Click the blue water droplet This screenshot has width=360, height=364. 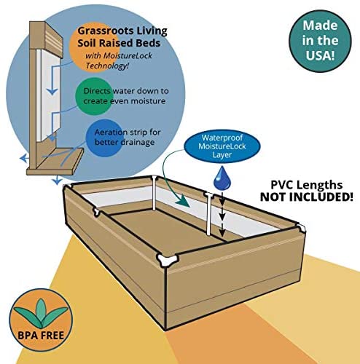pyautogui.click(x=222, y=178)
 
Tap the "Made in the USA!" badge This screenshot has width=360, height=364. pyautogui.click(x=320, y=41)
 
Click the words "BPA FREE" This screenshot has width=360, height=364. pyautogui.click(x=41, y=336)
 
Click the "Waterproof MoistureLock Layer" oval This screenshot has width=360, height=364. pyautogui.click(x=222, y=146)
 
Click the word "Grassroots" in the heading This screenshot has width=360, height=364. pyautogui.click(x=106, y=31)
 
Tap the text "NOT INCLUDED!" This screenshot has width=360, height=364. pyautogui.click(x=307, y=197)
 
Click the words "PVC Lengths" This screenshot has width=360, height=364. pyautogui.click(x=307, y=185)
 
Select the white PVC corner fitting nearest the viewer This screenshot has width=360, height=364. pyautogui.click(x=166, y=260)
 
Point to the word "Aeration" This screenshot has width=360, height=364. pyautogui.click(x=110, y=132)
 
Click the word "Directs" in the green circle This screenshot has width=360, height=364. pyautogui.click(x=97, y=91)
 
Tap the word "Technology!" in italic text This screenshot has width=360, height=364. pyautogui.click(x=107, y=66)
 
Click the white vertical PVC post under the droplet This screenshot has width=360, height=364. pyautogui.click(x=208, y=213)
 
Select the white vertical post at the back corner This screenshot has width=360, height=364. pyautogui.click(x=154, y=193)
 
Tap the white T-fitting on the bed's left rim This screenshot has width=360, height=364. pyautogui.click(x=97, y=212)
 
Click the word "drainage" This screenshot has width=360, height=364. pyautogui.click(x=137, y=142)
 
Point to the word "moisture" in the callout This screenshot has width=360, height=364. pyautogui.click(x=150, y=100)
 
